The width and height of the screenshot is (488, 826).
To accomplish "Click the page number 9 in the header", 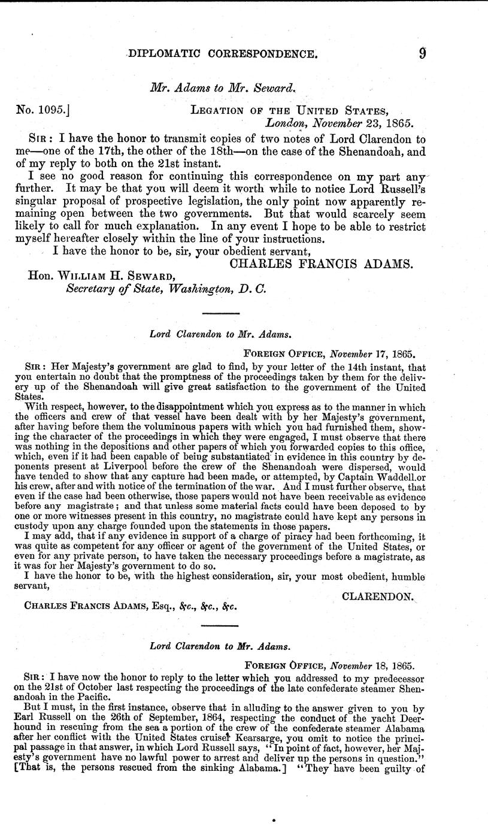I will click(x=422, y=53).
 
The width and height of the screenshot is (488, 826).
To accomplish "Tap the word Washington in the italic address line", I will click(x=201, y=288).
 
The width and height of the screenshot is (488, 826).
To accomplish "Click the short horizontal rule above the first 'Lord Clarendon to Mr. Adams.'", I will click(x=221, y=313).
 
